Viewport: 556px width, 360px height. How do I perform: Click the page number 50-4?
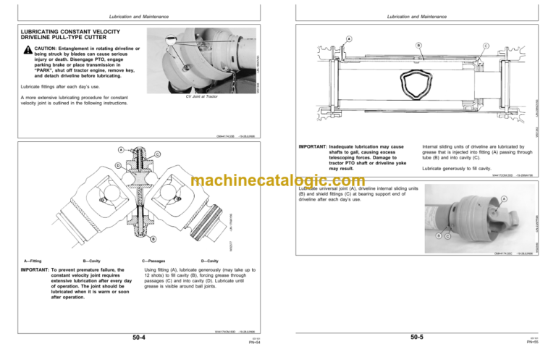[x=138, y=337]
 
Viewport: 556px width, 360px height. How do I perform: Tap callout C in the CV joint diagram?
[x=158, y=154]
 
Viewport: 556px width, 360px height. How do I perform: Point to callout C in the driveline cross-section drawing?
[x=485, y=46]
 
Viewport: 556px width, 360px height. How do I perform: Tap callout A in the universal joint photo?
[x=523, y=200]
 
